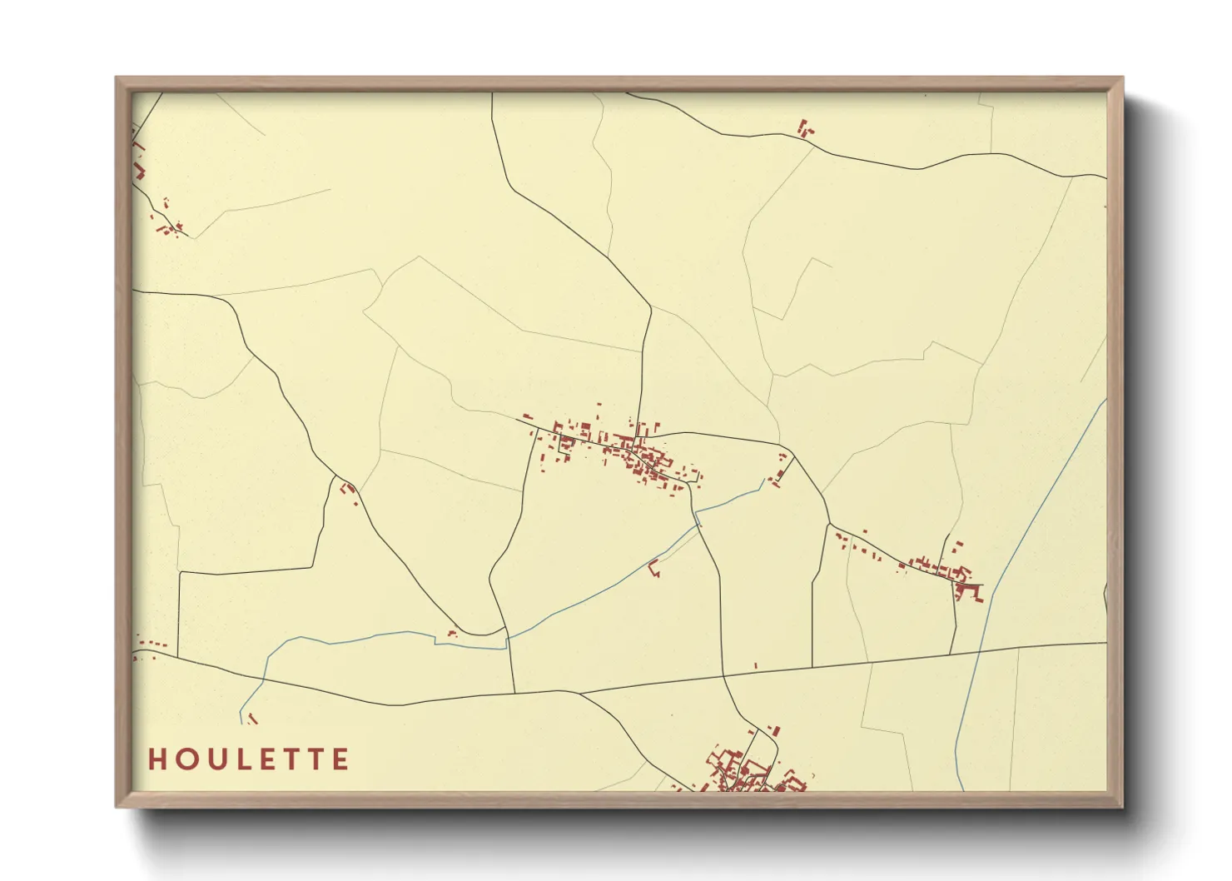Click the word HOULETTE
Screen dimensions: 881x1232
pyautogui.click(x=249, y=759)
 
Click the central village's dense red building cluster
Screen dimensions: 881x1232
pyautogui.click(x=641, y=454)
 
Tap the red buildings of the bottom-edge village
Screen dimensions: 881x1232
pyautogui.click(x=745, y=770)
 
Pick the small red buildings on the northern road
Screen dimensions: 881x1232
pyautogui.click(x=805, y=128)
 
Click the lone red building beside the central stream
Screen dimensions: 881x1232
pyautogui.click(x=653, y=570)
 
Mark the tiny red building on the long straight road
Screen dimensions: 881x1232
pyautogui.click(x=755, y=665)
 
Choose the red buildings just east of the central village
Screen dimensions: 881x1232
pyautogui.click(x=780, y=470)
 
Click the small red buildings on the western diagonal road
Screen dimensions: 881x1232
pyautogui.click(x=349, y=489)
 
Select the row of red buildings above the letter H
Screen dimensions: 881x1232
pyautogui.click(x=152, y=644)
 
